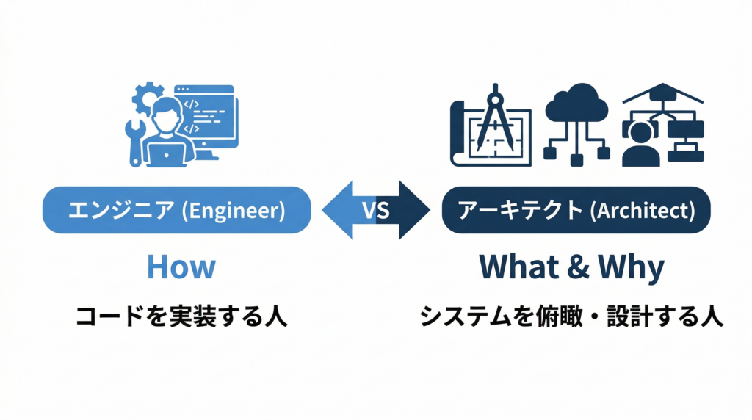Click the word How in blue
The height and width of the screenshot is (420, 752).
coord(181,267)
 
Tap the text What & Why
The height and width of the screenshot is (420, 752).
coord(571,267)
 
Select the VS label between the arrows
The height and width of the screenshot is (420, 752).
coord(376,211)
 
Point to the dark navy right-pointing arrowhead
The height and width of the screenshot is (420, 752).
coord(415,211)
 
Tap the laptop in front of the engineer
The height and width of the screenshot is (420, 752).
coord(167,153)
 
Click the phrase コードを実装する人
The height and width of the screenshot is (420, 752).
coord(181,316)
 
